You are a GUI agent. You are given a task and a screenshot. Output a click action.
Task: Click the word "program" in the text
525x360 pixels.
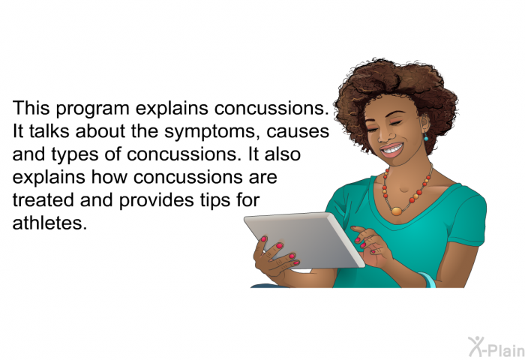(x=92, y=109)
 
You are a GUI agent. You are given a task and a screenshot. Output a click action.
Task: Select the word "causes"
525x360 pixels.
(x=298, y=132)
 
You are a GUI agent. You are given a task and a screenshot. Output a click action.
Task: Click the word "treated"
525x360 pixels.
(x=43, y=200)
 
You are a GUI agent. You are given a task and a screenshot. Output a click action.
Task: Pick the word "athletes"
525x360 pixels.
(x=50, y=223)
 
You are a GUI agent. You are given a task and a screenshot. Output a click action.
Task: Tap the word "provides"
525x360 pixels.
(x=156, y=201)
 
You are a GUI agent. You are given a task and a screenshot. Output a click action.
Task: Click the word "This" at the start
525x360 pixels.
(x=31, y=108)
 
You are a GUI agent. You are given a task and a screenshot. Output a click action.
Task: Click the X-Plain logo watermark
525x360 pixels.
(x=496, y=346)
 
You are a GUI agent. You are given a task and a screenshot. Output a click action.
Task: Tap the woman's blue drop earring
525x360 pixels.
(x=426, y=136)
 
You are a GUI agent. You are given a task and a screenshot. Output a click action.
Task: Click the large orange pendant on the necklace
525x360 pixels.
(x=397, y=211)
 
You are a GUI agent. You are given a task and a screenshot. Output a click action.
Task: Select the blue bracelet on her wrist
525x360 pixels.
(x=428, y=280)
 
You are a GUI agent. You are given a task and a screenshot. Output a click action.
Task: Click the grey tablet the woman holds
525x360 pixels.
(x=304, y=240)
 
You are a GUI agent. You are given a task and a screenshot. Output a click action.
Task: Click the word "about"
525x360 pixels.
(x=100, y=131)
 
